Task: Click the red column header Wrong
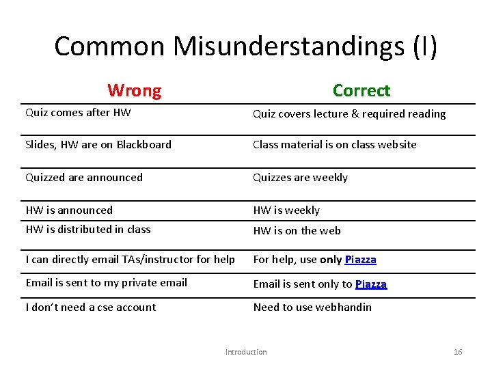click(135, 90)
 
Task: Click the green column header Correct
click(361, 90)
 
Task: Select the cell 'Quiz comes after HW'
click(78, 113)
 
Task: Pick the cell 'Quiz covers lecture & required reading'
click(349, 114)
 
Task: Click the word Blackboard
click(143, 144)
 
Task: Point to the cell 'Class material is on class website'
click(334, 144)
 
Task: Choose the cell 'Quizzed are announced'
click(84, 177)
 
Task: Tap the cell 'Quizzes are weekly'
click(300, 177)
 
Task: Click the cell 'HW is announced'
click(69, 210)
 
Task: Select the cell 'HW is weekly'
click(286, 210)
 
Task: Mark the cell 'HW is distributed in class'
click(87, 229)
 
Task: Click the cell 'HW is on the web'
click(297, 230)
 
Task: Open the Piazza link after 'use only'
click(360, 260)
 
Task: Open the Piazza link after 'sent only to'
click(371, 284)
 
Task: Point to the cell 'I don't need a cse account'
click(91, 307)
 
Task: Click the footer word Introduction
click(246, 352)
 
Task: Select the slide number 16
click(458, 352)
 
